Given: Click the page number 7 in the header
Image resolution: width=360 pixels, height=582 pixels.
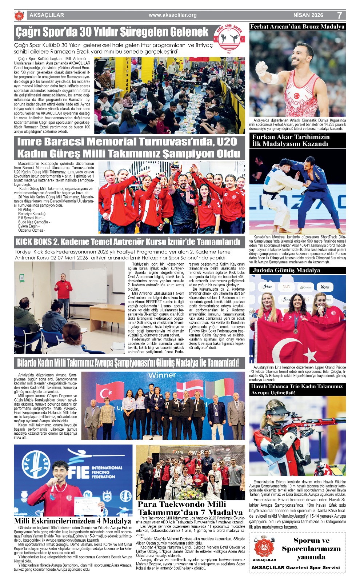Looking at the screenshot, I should pyautogui.click(x=339, y=15).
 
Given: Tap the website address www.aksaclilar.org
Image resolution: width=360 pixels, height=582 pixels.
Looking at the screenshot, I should pyautogui.click(x=173, y=15).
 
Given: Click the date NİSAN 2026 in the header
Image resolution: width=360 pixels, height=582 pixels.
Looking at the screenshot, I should pyautogui.click(x=308, y=15).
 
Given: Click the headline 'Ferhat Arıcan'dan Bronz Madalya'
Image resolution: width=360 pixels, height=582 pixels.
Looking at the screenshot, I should pyautogui.click(x=297, y=27).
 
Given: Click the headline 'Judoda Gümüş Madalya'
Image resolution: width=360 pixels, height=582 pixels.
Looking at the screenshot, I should pyautogui.click(x=287, y=270).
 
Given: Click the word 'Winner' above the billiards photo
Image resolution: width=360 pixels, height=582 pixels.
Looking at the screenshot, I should pyautogui.click(x=162, y=375).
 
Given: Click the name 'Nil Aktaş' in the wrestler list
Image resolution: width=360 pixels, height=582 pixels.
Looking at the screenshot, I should pyautogui.click(x=25, y=210).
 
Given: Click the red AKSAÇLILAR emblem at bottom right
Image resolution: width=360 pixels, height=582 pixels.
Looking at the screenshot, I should pyautogui.click(x=264, y=547).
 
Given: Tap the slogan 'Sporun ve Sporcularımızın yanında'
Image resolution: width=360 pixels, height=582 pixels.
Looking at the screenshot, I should pyautogui.click(x=311, y=549).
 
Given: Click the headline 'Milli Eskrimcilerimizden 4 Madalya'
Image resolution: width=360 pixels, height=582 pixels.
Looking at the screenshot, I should pyautogui.click(x=73, y=521).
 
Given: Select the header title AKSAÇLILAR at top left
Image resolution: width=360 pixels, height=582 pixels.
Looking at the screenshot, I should pyautogui.click(x=47, y=15).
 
